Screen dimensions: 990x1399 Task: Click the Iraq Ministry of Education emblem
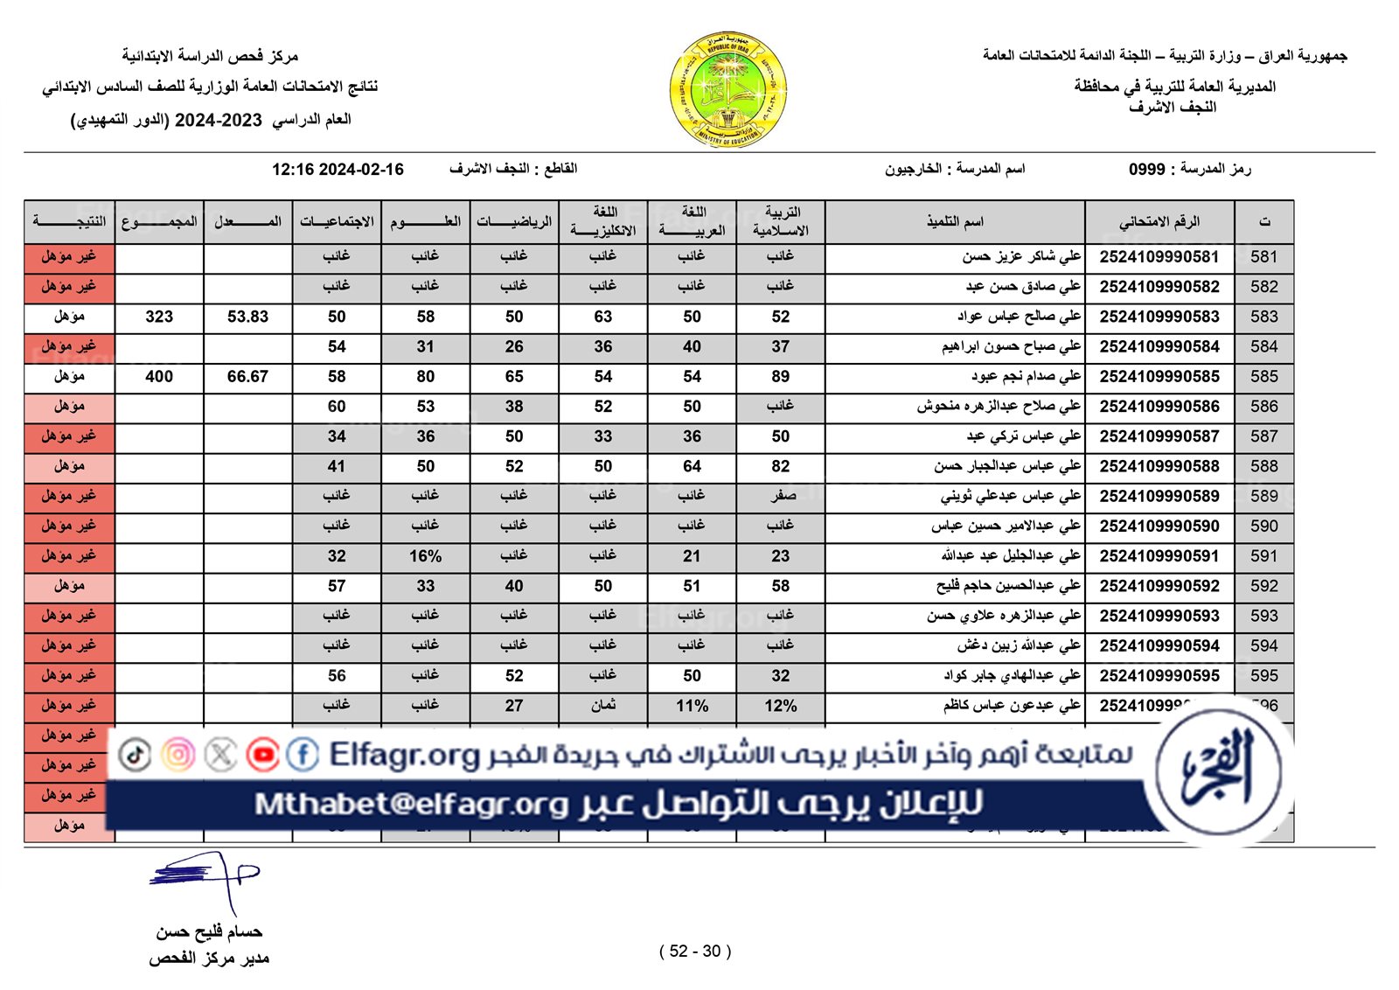pos(727,90)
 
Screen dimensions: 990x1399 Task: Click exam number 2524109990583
pos(1159,317)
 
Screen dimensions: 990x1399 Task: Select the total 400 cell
pos(159,377)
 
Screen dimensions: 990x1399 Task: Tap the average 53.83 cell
pos(247,317)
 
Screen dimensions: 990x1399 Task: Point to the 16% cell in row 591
pos(425,556)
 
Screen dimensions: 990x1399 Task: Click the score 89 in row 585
pos(780,377)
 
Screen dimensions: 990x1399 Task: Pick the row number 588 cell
pos(1263,466)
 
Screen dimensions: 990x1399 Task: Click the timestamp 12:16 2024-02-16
pos(338,170)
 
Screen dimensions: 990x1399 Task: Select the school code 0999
pos(1146,170)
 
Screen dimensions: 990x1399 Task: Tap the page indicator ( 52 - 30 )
pos(695,952)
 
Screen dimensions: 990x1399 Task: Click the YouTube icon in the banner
pos(262,755)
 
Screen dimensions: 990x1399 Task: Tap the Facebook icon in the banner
pos(303,755)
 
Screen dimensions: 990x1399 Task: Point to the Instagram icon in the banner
pos(177,755)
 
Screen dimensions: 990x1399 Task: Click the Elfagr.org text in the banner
pos(404,755)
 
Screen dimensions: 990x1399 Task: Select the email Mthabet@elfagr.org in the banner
pos(411,804)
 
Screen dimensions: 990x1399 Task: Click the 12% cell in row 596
pos(780,706)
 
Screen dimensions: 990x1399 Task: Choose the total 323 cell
pos(159,317)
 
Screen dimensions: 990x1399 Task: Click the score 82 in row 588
pos(780,466)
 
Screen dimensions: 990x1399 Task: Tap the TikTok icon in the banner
pos(135,755)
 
